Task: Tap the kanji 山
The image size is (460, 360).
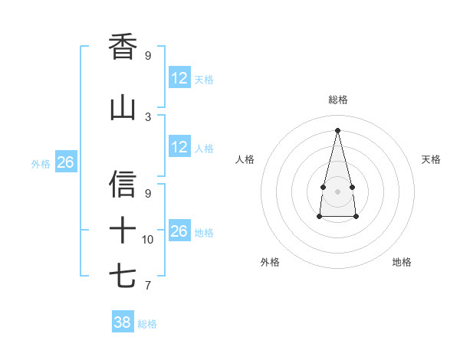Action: tap(123, 108)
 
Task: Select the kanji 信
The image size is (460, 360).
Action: tap(123, 184)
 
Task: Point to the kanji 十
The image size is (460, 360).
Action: tap(123, 230)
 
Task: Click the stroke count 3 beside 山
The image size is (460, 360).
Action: tap(148, 117)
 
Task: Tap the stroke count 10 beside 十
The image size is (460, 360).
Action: tap(148, 240)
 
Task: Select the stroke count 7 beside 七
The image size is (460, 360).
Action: tap(148, 286)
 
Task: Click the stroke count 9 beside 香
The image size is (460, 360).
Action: tap(148, 56)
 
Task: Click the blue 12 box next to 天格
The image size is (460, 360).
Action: tap(179, 78)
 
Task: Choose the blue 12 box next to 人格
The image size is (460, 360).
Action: tap(179, 147)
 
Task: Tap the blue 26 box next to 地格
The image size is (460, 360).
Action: tap(179, 231)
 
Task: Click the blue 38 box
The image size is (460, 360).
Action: tap(123, 322)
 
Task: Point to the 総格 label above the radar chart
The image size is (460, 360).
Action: tap(338, 100)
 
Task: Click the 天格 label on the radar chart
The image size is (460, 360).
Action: tap(432, 159)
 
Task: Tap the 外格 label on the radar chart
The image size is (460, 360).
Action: tap(270, 262)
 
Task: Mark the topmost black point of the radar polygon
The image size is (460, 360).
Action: tap(337, 129)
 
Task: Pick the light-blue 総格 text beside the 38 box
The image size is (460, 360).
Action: tap(148, 324)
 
